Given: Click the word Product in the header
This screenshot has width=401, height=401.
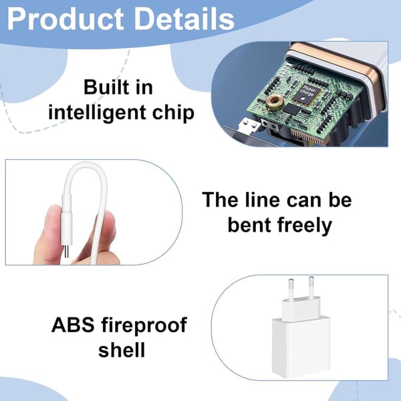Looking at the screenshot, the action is pos(65,19).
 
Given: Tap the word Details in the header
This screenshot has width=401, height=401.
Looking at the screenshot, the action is pos(184,19).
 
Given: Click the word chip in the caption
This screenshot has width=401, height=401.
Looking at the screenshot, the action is pos(173,112).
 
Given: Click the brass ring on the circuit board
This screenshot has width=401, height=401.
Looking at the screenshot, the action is pos(275,102).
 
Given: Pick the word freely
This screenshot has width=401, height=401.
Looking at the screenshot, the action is pos(305,226).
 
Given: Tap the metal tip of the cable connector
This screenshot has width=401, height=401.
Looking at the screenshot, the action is pos(66,252).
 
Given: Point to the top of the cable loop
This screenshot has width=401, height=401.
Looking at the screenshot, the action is pos(84,164).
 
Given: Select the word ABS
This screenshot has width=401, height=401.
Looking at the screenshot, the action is pos(73,325).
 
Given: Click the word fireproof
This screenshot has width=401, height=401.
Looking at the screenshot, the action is pos(144,325).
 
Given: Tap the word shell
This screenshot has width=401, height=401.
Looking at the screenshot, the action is pos(122,349).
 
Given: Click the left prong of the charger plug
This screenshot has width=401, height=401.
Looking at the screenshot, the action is pos(291,289).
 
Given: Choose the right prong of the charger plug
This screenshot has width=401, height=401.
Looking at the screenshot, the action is pos(311,287).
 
